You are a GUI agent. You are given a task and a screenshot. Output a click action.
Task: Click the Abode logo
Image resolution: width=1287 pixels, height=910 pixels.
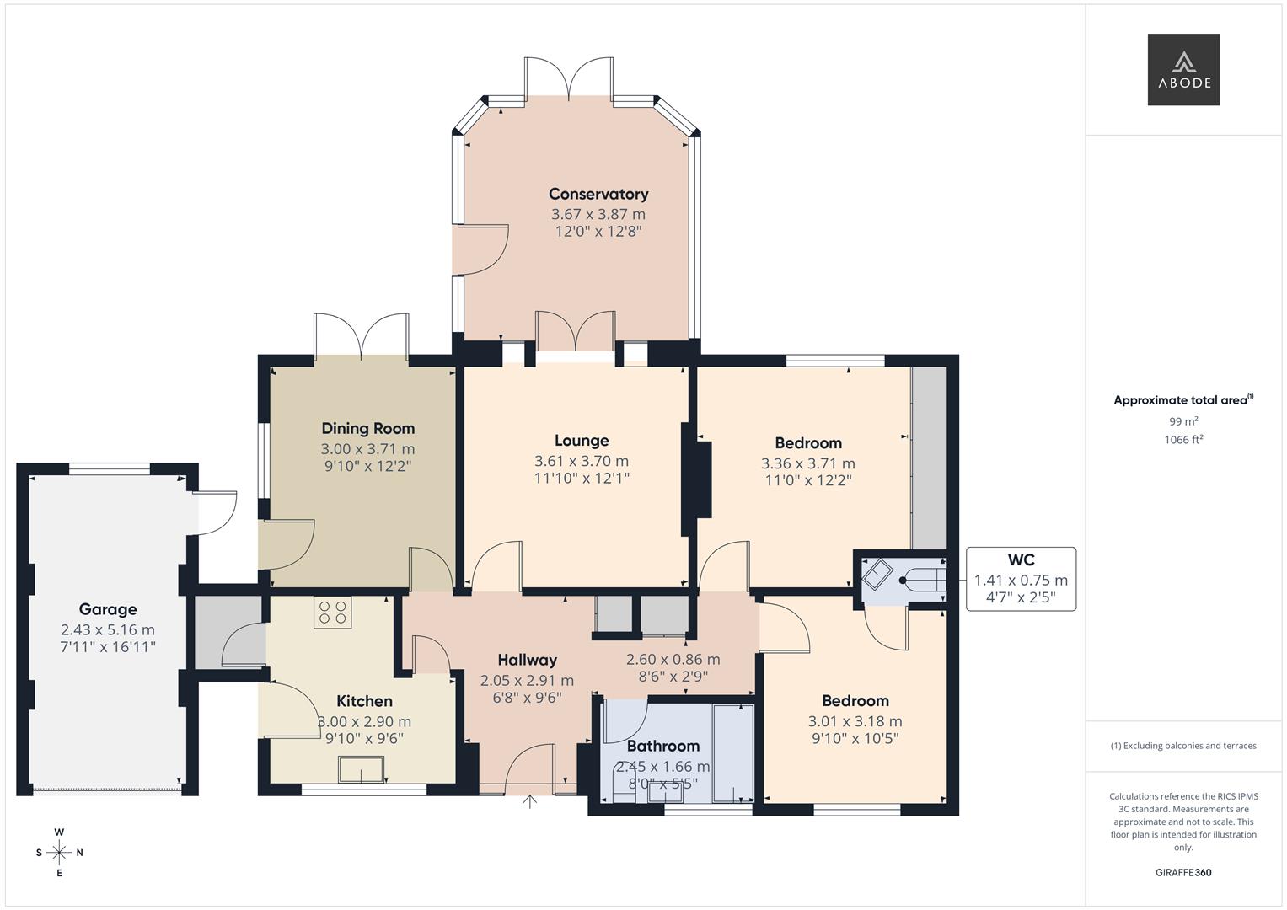[1183, 69]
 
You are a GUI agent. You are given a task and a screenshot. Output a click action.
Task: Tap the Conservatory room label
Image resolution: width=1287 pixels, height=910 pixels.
[598, 194]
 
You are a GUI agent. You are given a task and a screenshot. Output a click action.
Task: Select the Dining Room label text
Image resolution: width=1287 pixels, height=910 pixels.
[367, 429]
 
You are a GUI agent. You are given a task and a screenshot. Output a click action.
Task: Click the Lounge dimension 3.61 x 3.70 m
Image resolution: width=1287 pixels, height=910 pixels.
[582, 461]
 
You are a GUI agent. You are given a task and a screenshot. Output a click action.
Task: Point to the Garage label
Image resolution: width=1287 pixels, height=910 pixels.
[108, 609]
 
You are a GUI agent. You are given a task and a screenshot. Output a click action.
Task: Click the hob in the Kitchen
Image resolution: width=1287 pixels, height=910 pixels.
[333, 613]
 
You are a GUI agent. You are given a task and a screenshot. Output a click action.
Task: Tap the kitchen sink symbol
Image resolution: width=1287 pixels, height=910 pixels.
[362, 770]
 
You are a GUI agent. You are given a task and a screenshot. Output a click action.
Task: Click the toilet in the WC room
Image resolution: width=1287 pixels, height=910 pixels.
[923, 581]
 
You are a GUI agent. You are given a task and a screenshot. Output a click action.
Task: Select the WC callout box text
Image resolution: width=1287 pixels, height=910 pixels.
[1021, 579]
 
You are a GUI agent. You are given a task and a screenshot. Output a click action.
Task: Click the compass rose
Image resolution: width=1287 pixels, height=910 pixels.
[59, 853]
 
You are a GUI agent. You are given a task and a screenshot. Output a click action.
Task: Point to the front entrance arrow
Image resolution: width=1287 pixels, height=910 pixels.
[530, 802]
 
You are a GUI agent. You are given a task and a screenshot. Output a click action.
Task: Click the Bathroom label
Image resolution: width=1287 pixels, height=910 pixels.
[663, 747]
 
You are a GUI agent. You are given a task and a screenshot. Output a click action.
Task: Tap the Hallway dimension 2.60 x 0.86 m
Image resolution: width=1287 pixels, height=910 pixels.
[673, 660]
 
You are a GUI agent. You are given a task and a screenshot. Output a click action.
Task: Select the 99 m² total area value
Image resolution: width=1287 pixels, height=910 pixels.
[1183, 421]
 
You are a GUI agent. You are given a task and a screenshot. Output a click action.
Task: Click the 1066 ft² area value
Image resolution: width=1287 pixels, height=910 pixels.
[1183, 440]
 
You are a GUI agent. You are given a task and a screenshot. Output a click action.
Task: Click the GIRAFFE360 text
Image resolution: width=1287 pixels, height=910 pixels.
[1183, 873]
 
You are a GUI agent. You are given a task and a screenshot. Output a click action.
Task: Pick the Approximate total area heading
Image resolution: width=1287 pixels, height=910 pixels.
[1183, 400]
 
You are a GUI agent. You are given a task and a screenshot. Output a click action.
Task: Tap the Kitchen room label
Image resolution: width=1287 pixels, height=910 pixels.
[364, 701]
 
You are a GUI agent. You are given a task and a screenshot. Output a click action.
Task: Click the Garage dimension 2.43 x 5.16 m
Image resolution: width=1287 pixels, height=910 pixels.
[108, 629]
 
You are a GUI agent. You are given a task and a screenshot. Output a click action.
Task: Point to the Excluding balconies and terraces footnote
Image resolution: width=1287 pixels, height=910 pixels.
[1183, 746]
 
